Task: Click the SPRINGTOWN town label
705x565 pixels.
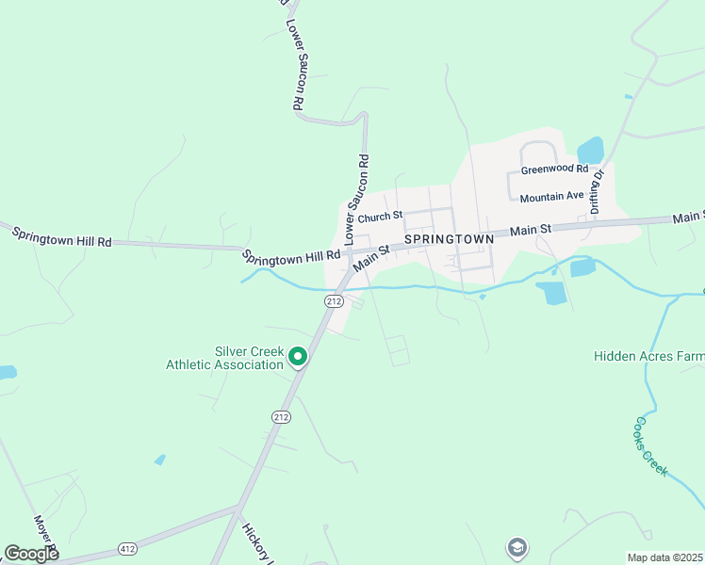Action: [x=450, y=239]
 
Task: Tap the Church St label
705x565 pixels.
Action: [x=380, y=216]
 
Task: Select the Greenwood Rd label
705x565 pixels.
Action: [x=554, y=170]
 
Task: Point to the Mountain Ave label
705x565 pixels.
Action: [x=551, y=198]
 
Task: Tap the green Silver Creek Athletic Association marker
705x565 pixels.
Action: [x=298, y=356]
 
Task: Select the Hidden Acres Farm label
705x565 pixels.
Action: [x=649, y=356]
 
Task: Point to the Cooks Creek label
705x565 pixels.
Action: [x=651, y=446]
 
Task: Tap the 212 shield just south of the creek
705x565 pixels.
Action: [x=333, y=300]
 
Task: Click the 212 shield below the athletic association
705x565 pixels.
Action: [x=281, y=416]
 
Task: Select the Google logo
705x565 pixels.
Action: [x=31, y=554]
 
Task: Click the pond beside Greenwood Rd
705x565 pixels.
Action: [x=590, y=150]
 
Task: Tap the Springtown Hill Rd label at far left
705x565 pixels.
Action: [x=61, y=235]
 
